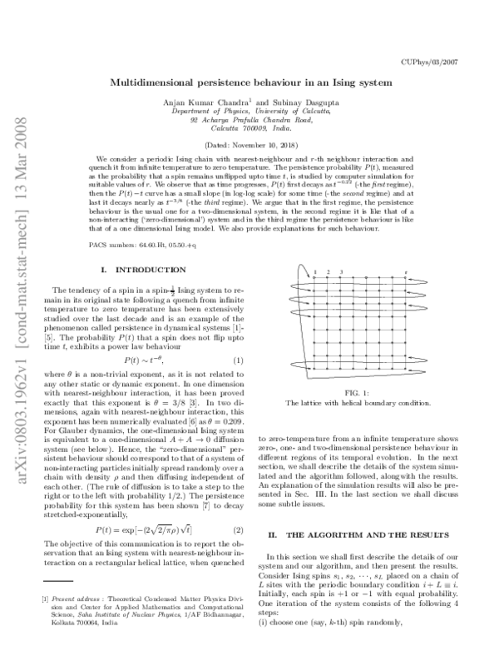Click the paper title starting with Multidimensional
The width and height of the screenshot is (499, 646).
click(249, 84)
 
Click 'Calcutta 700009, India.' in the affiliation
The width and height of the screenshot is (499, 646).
click(249, 128)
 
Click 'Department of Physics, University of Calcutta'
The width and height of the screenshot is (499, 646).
click(249, 111)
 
